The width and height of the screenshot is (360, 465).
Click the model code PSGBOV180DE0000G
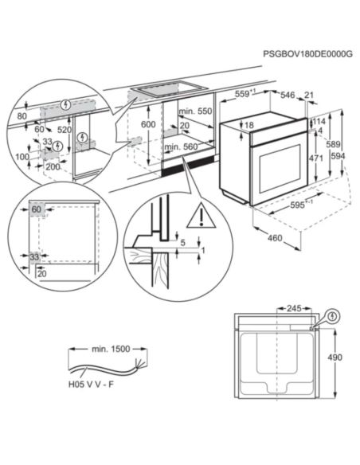pos(307,54)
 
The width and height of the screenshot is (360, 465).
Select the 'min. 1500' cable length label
pos(111,349)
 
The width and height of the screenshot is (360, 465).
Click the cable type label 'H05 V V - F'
pos(91,385)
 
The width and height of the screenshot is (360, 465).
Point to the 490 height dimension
pos(335,358)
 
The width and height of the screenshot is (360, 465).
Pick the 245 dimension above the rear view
pos(294,308)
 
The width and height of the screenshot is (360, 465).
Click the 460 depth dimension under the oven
pos(275,238)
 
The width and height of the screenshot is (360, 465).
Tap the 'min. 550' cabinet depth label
pos(195,111)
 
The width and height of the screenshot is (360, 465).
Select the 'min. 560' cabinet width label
pos(181,147)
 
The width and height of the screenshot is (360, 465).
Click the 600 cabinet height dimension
pos(148,124)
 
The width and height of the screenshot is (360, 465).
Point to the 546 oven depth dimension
pos(288,95)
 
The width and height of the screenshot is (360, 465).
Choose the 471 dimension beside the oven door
pos(316,158)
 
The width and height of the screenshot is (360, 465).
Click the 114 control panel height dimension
pos(319,121)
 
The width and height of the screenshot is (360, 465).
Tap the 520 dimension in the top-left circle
pos(65,130)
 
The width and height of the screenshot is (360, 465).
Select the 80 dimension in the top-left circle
pos(22,116)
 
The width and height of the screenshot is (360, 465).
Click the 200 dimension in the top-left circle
pos(53,166)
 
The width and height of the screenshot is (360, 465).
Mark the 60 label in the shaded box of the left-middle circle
pos(36,209)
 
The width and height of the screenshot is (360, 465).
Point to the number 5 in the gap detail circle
pos(182,243)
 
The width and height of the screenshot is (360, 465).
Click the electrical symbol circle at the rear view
pos(334,316)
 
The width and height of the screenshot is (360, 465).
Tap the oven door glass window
pos(280,169)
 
